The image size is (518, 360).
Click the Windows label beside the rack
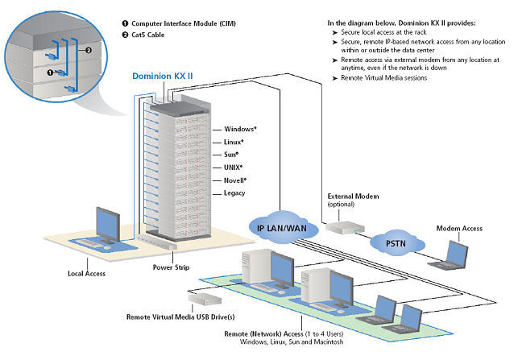(x=228, y=129)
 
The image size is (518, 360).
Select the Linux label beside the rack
(x=222, y=142)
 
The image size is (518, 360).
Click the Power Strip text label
(x=170, y=267)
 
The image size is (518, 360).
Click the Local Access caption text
(x=86, y=273)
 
